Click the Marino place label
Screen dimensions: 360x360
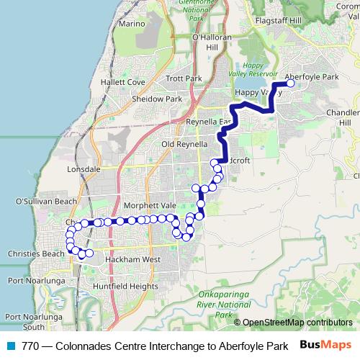click(133, 24)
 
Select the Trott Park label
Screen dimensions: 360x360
click(184, 78)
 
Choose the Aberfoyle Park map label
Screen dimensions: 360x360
click(312, 76)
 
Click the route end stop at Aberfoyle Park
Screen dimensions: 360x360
click(291, 84)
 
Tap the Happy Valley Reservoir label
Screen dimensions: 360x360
click(259, 69)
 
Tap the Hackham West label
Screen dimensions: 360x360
click(132, 258)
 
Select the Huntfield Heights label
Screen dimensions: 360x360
click(121, 286)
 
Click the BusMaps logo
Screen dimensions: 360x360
click(325, 345)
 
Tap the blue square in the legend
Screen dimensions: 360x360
click(11, 346)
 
